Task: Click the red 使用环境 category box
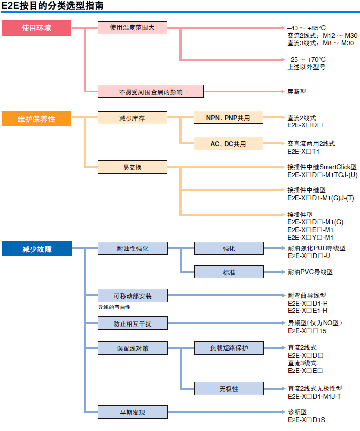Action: (36, 28)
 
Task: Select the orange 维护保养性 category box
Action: (36, 119)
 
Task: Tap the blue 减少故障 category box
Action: (36, 249)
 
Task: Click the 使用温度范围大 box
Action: (132, 28)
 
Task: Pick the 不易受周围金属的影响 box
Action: (150, 92)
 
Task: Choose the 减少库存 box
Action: (132, 118)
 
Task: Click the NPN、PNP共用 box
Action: (228, 118)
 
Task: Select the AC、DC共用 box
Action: (228, 144)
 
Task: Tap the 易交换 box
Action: (132, 168)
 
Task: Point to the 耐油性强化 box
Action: (132, 248)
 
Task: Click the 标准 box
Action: (229, 272)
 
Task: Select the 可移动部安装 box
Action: (132, 296)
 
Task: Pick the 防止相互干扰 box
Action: (132, 323)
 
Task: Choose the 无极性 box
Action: (229, 389)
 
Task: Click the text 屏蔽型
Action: (296, 92)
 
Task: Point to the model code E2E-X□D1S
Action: (306, 420)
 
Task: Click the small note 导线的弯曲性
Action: (114, 307)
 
